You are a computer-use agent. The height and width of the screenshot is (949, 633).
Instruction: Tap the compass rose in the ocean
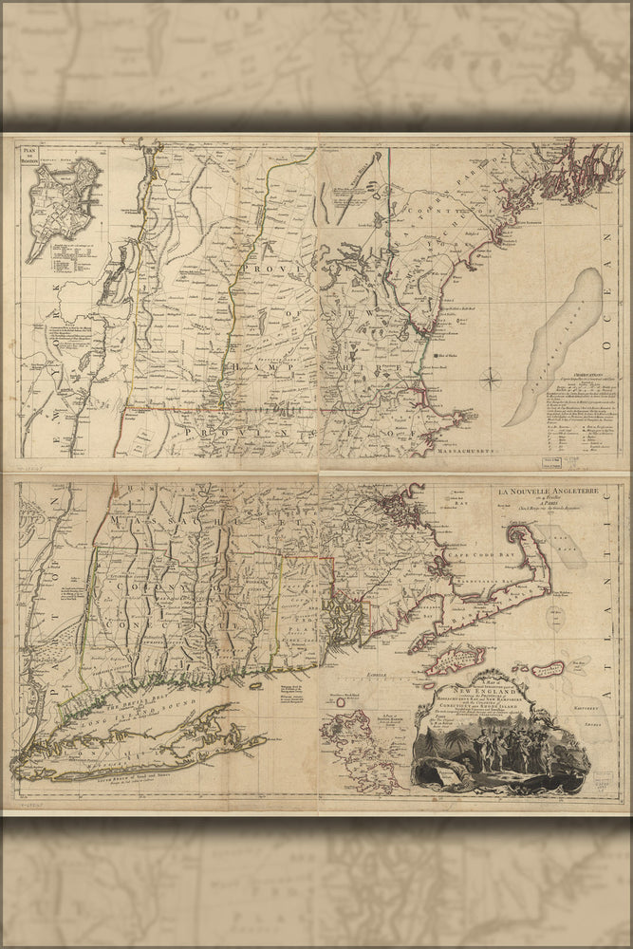[x=493, y=381]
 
